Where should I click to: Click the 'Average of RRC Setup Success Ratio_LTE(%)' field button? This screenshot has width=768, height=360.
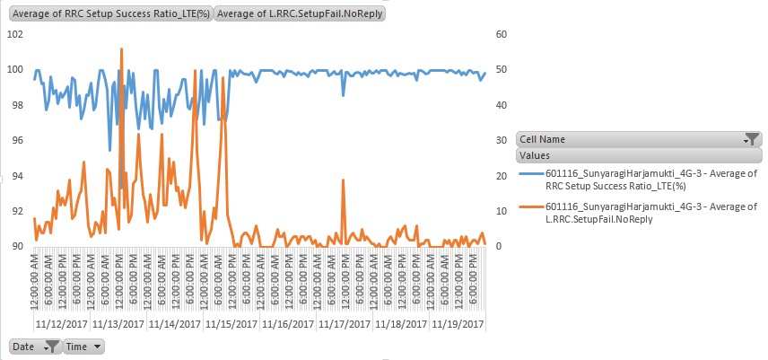click(x=110, y=13)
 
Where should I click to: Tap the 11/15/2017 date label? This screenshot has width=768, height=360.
click(x=231, y=323)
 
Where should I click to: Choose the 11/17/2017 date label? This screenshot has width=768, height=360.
click(x=345, y=323)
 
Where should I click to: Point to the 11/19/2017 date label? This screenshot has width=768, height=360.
click(x=458, y=323)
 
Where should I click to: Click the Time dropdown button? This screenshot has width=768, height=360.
click(x=83, y=346)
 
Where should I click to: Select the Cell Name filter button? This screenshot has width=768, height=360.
click(x=638, y=139)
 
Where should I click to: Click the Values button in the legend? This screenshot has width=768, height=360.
click(x=638, y=155)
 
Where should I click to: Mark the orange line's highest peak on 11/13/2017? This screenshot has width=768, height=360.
click(x=121, y=48)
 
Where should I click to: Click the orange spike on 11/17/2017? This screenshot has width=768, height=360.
click(x=343, y=180)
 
